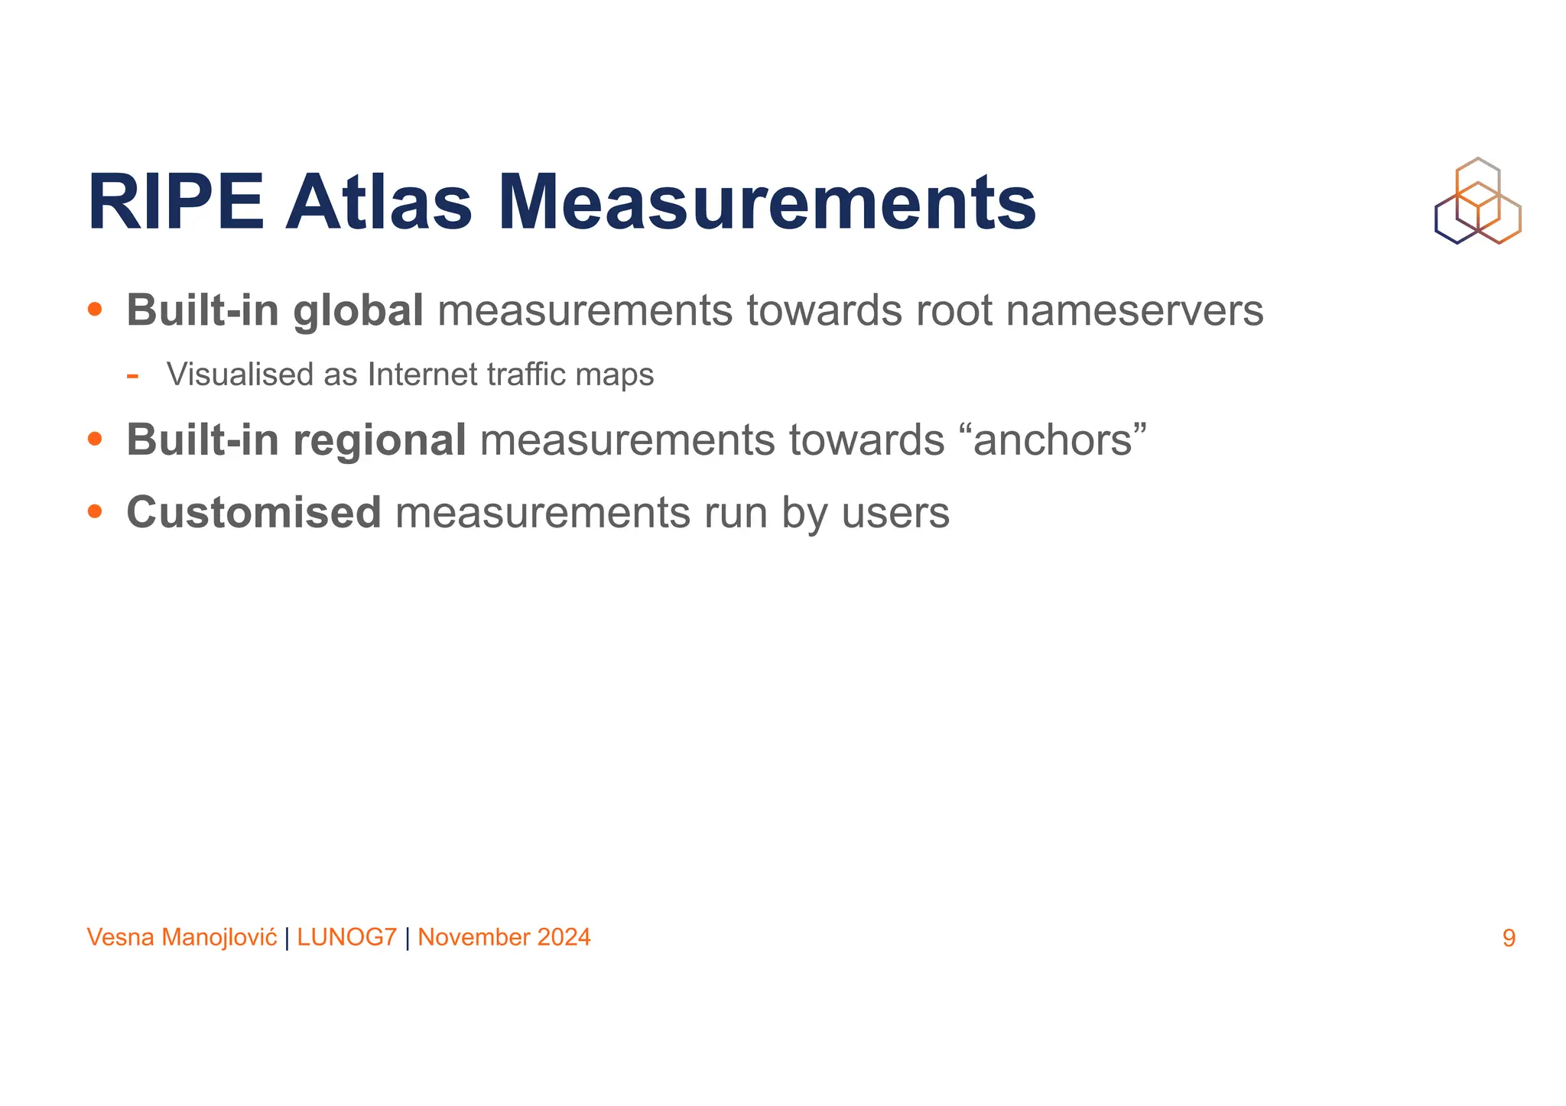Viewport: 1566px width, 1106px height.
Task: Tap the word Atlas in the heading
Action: click(x=379, y=203)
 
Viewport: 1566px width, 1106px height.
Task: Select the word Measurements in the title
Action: click(x=767, y=203)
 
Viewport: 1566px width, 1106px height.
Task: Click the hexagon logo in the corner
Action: click(x=1477, y=201)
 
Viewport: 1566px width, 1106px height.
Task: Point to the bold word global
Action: click(x=358, y=311)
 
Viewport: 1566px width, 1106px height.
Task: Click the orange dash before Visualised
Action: click(x=132, y=375)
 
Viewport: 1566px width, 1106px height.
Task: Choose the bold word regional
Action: click(x=379, y=440)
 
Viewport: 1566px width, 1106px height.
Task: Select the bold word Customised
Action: click(x=253, y=512)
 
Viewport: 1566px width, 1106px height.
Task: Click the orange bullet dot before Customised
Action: click(x=95, y=511)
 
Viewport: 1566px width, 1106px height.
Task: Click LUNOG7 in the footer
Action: click(x=347, y=937)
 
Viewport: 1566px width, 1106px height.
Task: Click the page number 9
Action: click(x=1509, y=938)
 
